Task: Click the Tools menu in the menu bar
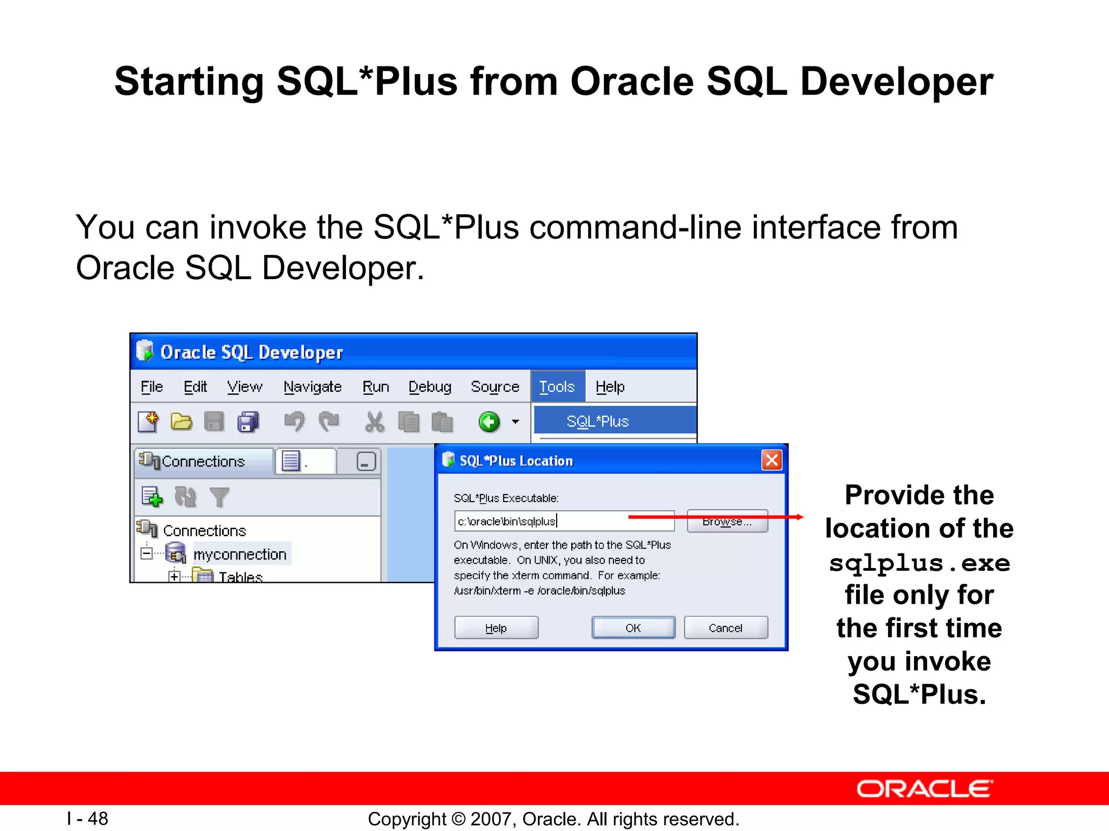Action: [x=557, y=387]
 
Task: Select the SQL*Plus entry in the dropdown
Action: [x=597, y=421]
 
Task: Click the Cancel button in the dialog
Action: [x=726, y=628]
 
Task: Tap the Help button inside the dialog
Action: [x=496, y=628]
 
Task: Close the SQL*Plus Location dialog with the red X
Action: [x=772, y=460]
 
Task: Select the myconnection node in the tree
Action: [x=240, y=555]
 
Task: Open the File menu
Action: [x=152, y=387]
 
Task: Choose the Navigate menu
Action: [x=312, y=387]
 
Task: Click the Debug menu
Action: [x=430, y=387]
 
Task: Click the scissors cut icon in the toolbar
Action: [x=374, y=422]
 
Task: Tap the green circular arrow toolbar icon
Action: [x=490, y=422]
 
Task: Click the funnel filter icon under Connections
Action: [x=219, y=497]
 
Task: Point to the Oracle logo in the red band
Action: [x=924, y=789]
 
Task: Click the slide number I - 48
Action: [x=88, y=819]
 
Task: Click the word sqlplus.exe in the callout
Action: [x=919, y=563]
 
